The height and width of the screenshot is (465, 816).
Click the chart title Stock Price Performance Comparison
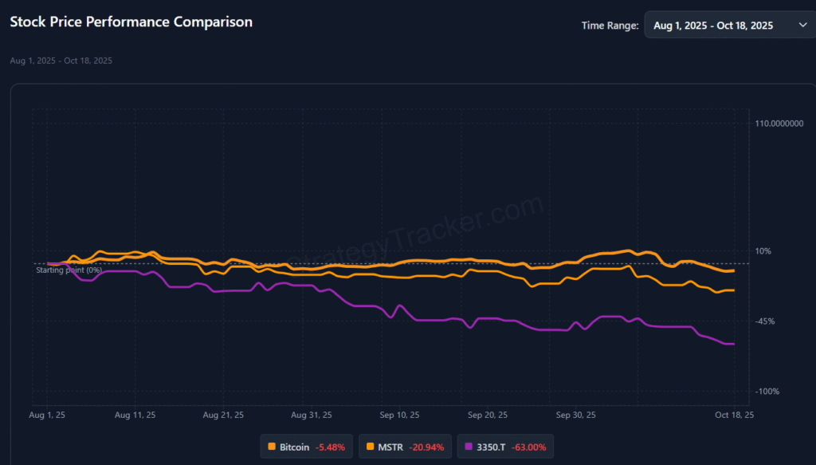pyautogui.click(x=131, y=22)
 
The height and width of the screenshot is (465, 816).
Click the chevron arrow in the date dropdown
pyautogui.click(x=802, y=26)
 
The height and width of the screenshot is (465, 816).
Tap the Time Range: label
pyautogui.click(x=610, y=26)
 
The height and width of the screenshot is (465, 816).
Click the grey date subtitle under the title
pyautogui.click(x=61, y=61)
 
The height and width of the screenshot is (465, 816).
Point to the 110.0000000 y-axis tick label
pyautogui.click(x=779, y=124)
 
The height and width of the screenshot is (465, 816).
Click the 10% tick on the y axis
pyautogui.click(x=763, y=251)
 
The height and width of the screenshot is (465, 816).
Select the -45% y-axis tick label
pyautogui.click(x=765, y=321)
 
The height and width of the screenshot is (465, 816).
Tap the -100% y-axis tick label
pyautogui.click(x=767, y=392)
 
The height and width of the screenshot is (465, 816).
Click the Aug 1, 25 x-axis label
pyautogui.click(x=47, y=415)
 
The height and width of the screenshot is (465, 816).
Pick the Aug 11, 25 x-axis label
pyautogui.click(x=135, y=415)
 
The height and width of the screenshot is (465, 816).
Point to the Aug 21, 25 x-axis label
pyautogui.click(x=223, y=415)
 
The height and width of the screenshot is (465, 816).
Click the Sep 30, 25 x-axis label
pyautogui.click(x=575, y=415)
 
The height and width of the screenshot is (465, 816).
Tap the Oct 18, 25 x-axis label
pyautogui.click(x=733, y=415)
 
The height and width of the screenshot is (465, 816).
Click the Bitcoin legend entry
pyautogui.click(x=306, y=447)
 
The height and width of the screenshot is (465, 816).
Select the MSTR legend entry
pyautogui.click(x=406, y=447)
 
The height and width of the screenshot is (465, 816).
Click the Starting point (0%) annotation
pyautogui.click(x=69, y=270)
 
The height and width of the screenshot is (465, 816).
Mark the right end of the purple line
pyautogui.click(x=733, y=344)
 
